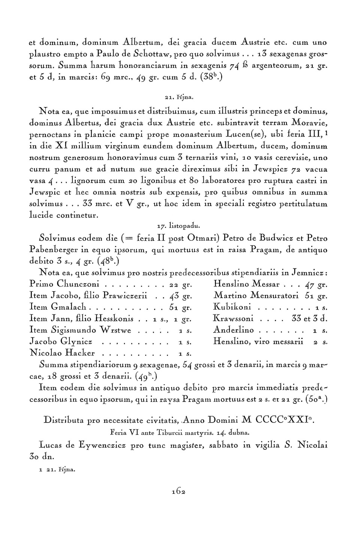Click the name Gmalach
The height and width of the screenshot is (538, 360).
coord(69,307)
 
